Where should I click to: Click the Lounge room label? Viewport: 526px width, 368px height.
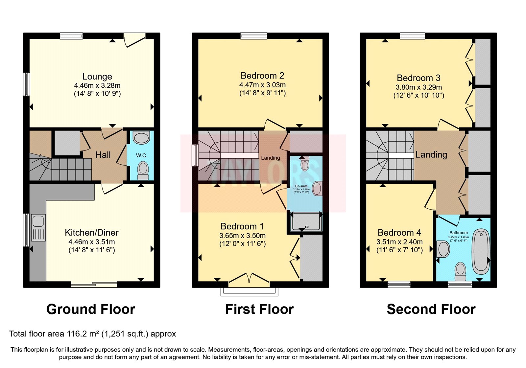click(97, 77)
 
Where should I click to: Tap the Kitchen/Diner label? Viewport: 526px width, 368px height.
click(91, 233)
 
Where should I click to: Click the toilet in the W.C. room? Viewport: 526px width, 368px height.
click(143, 170)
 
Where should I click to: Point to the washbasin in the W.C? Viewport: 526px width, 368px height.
click(141, 138)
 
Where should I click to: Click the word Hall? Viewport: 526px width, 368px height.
click(103, 155)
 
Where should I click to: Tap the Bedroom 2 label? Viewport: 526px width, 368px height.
click(262, 76)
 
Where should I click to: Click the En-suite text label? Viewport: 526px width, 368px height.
click(301, 186)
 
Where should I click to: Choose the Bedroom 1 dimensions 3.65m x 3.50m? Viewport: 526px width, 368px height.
click(242, 236)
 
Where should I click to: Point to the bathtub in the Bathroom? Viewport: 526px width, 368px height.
click(481, 251)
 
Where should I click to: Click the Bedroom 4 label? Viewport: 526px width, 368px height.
click(399, 233)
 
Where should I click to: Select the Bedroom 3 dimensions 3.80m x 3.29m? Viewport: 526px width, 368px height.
click(418, 87)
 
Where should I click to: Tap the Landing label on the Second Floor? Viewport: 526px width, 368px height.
click(431, 154)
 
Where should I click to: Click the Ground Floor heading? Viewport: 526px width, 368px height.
click(91, 309)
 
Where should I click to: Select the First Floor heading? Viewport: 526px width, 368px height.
click(259, 309)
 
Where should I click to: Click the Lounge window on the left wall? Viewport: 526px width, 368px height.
click(26, 84)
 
